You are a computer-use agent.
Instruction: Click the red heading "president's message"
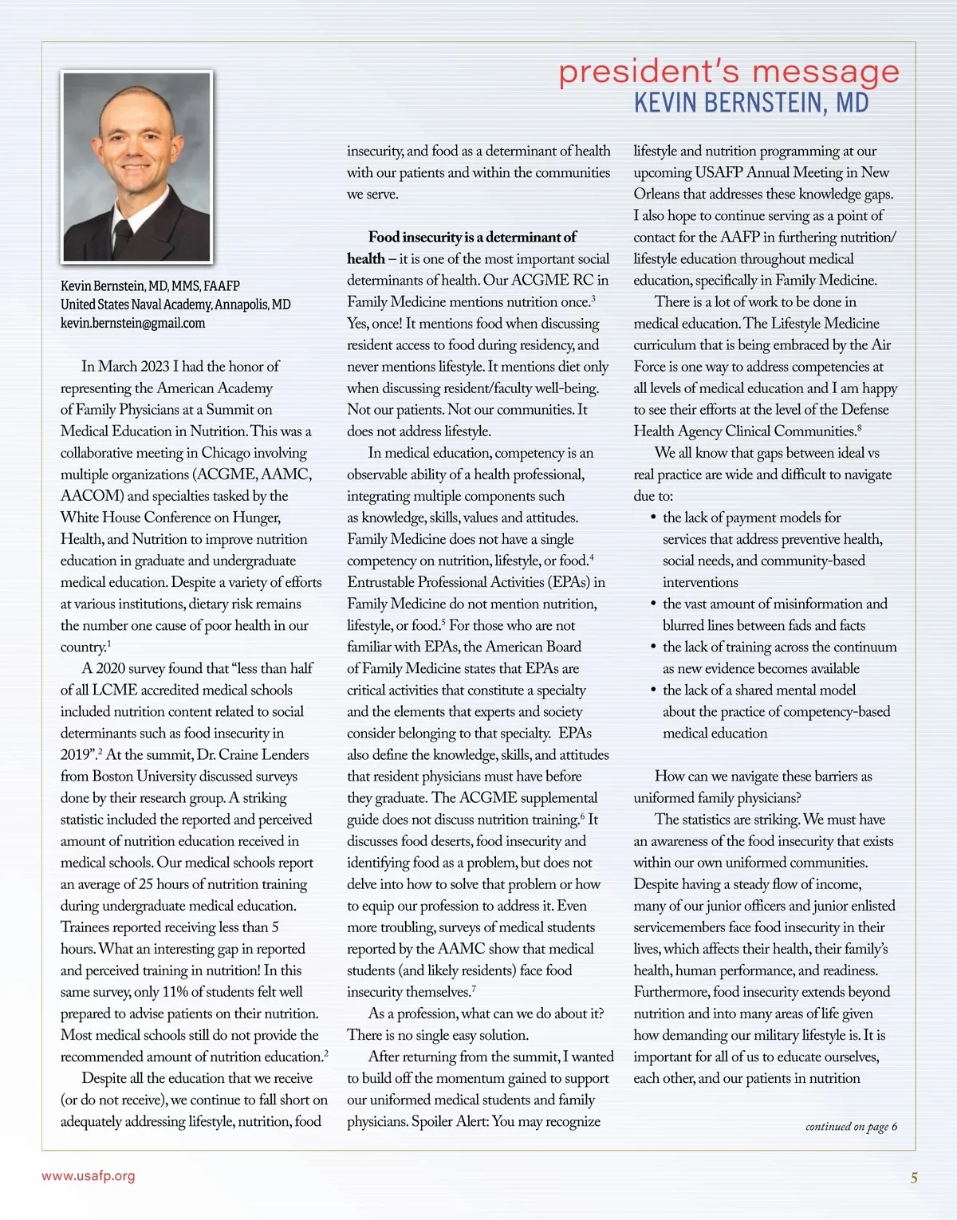click(728, 72)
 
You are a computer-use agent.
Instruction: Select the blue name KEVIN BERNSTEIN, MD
click(750, 104)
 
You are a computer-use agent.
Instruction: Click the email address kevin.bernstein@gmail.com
click(132, 324)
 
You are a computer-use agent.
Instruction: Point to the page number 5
click(914, 1178)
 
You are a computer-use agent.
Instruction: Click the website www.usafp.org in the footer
click(89, 1176)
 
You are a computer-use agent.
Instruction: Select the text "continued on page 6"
click(851, 1127)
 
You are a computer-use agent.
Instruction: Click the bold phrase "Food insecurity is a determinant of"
click(472, 238)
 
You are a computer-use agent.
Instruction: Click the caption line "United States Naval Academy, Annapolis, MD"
click(175, 305)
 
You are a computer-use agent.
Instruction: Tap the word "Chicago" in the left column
click(226, 453)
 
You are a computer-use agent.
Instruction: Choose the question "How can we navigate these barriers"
click(763, 777)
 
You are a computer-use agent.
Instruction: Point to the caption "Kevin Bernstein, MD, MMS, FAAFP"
click(150, 286)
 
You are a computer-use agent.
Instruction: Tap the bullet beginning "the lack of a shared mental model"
click(758, 691)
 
